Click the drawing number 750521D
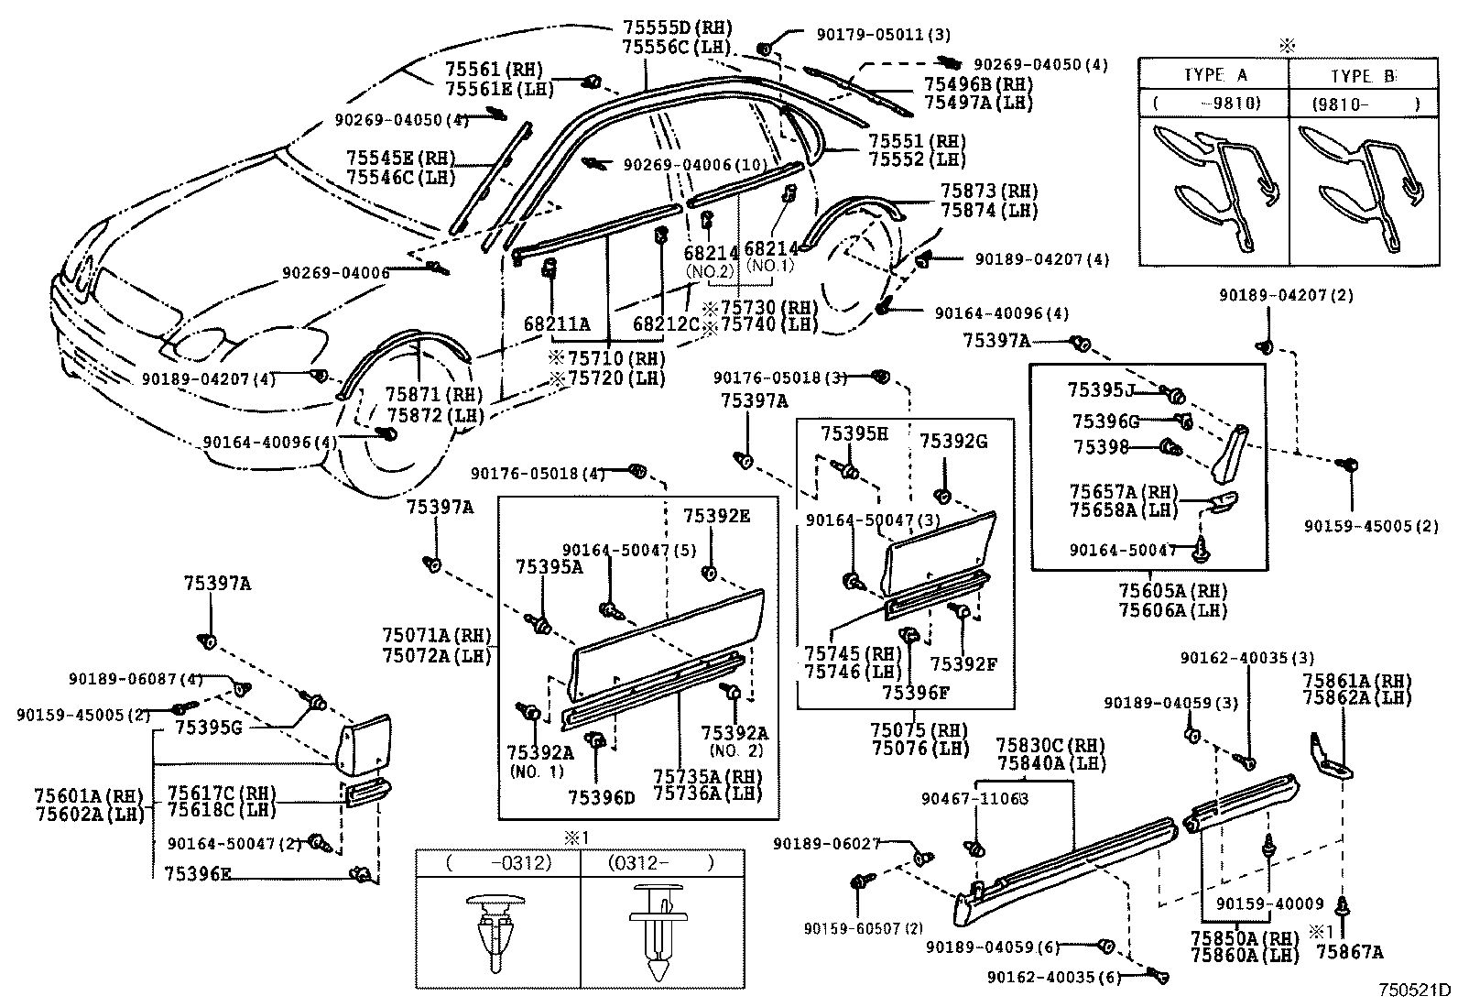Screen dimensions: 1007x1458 (x=1416, y=990)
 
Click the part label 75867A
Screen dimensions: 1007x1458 (x=1350, y=951)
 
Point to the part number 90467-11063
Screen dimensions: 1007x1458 (x=974, y=798)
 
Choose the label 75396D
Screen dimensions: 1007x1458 (x=601, y=797)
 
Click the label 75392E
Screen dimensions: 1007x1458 (x=716, y=516)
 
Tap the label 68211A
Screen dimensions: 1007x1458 (x=557, y=323)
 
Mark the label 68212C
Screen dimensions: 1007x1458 (x=666, y=323)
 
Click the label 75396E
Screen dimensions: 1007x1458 (x=198, y=873)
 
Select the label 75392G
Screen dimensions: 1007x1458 (x=953, y=441)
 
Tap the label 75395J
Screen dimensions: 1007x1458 (x=1101, y=390)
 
